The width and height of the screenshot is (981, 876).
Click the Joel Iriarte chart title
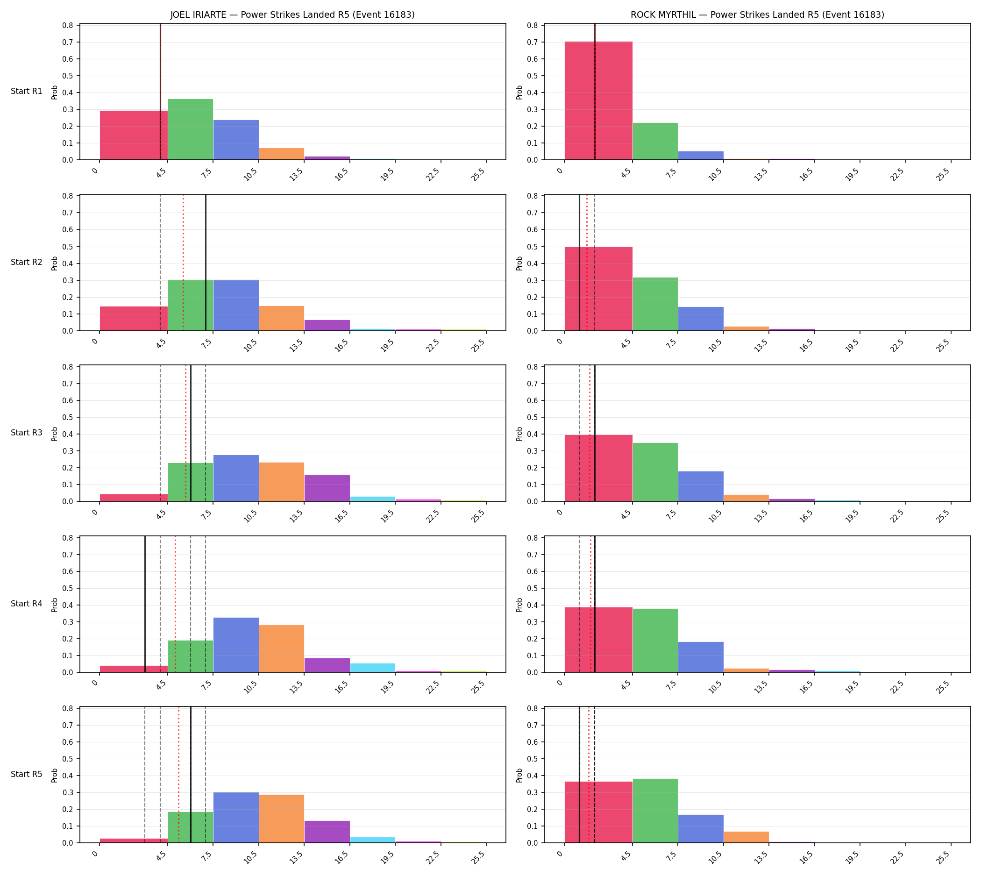tap(292, 15)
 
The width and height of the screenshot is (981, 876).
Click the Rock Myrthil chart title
tap(757, 15)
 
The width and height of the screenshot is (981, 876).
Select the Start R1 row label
tap(27, 92)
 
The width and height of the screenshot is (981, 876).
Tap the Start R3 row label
tap(27, 433)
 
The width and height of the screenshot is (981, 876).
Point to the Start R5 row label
tap(27, 775)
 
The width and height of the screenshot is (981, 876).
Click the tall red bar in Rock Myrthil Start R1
tap(598, 100)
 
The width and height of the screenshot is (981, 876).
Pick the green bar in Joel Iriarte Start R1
tap(191, 129)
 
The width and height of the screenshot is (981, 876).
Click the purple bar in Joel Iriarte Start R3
tap(327, 488)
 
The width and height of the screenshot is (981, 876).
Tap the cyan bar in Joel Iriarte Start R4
tap(373, 668)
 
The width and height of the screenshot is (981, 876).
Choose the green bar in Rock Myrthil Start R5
tap(655, 811)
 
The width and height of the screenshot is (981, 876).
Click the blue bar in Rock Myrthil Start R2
tap(701, 319)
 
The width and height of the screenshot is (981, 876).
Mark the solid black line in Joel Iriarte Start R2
tap(206, 263)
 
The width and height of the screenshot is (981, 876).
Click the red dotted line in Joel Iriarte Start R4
tap(175, 604)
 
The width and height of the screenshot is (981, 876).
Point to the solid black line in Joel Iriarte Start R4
tap(145, 604)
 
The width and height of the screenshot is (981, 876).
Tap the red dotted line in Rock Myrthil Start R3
tap(590, 433)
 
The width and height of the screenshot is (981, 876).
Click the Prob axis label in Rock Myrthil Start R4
tap(519, 605)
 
